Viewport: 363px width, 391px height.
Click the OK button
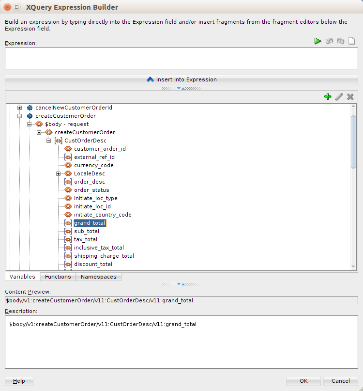[x=303, y=381]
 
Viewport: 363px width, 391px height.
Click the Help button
[x=19, y=381]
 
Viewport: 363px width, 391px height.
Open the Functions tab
[x=58, y=277]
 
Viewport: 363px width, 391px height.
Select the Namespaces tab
[x=98, y=277]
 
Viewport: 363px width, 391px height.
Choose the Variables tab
[x=22, y=277]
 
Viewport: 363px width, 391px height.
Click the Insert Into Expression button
[x=181, y=79]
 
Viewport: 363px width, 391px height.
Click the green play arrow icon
[x=318, y=41]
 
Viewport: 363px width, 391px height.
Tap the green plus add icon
[x=328, y=96]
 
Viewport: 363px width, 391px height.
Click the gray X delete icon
[x=350, y=96]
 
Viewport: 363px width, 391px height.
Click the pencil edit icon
[x=339, y=96]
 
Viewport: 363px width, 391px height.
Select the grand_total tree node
[x=90, y=223]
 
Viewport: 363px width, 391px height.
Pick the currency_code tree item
[x=94, y=165]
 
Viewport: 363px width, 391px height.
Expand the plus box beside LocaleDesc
[x=58, y=173]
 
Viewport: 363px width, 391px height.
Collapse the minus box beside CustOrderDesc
[x=48, y=141]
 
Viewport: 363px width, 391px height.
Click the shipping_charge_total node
[x=104, y=256]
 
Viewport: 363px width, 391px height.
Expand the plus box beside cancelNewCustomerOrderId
[x=19, y=108]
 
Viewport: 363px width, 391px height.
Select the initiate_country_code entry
[x=103, y=215]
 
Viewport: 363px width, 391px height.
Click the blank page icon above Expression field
[x=351, y=41]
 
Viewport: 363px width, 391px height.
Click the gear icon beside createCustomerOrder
[x=30, y=116]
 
